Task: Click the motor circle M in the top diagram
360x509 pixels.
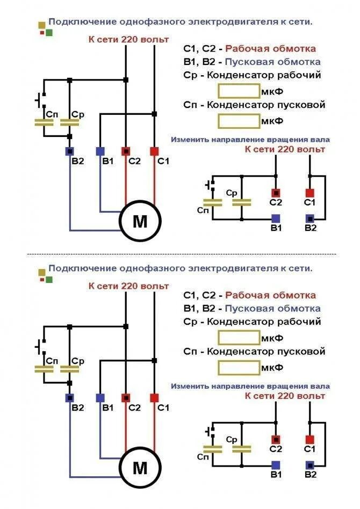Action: point(140,222)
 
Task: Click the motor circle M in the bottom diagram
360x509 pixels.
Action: point(140,468)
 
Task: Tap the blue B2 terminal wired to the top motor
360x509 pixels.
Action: point(69,151)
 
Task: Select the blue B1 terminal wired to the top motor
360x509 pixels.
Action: point(100,151)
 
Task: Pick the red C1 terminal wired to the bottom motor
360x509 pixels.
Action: point(154,398)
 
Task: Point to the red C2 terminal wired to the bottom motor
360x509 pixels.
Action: point(126,398)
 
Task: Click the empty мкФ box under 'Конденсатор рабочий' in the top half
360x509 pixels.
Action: point(239,90)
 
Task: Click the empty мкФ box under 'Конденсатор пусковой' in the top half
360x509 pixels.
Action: point(239,121)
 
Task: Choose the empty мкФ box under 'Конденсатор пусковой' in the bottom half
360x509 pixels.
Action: point(239,368)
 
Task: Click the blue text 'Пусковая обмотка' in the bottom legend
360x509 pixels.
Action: point(272,309)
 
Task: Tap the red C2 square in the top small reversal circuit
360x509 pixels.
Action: point(276,192)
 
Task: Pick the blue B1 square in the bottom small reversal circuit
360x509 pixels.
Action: point(276,464)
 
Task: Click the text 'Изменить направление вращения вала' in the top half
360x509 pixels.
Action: point(250,139)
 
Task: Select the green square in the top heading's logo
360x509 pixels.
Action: point(49,33)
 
